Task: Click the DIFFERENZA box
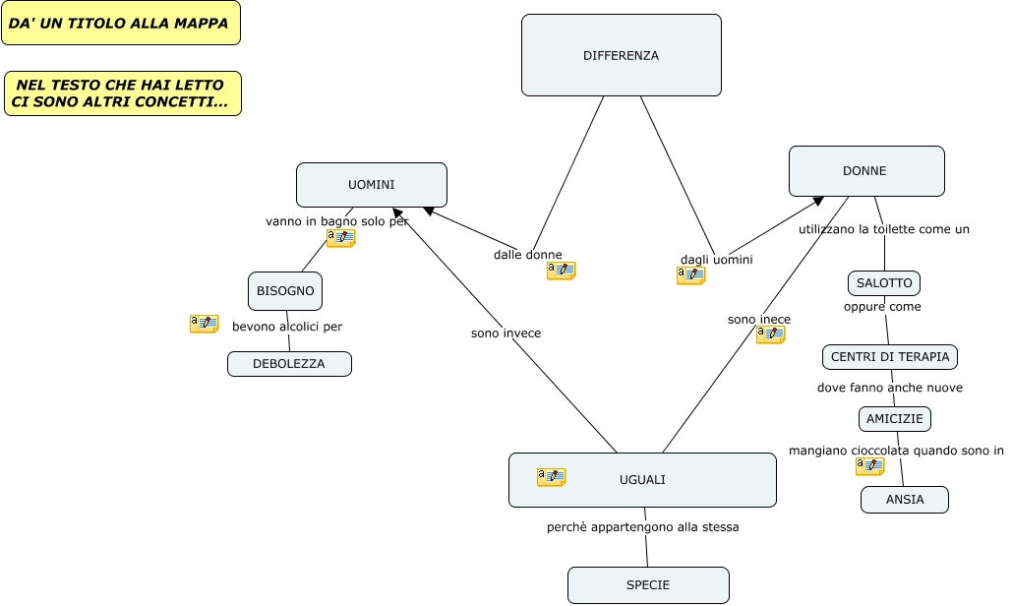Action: pyautogui.click(x=621, y=55)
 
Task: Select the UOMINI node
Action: pyautogui.click(x=371, y=185)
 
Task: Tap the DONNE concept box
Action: pyautogui.click(x=865, y=171)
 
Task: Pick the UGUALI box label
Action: pyautogui.click(x=642, y=480)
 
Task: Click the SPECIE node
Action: pyautogui.click(x=648, y=585)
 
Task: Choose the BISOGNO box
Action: pyautogui.click(x=285, y=291)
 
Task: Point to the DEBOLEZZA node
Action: pyautogui.click(x=289, y=364)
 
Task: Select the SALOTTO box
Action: pyautogui.click(x=884, y=283)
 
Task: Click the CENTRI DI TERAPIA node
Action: pyautogui.click(x=890, y=356)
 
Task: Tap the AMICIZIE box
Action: pyautogui.click(x=895, y=419)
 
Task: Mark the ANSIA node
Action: pyautogui.click(x=905, y=500)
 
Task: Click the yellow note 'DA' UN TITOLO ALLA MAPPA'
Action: pyautogui.click(x=120, y=23)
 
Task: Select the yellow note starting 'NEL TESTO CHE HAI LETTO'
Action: pyautogui.click(x=122, y=93)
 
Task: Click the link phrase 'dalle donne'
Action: pyautogui.click(x=528, y=255)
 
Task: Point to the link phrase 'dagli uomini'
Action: pyautogui.click(x=717, y=260)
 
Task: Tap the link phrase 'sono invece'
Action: pyautogui.click(x=506, y=333)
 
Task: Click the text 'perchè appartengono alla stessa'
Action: pyautogui.click(x=642, y=527)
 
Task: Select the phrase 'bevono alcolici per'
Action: pyautogui.click(x=287, y=327)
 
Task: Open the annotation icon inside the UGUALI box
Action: pyautogui.click(x=551, y=477)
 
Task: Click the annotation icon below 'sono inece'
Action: pyautogui.click(x=770, y=334)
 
